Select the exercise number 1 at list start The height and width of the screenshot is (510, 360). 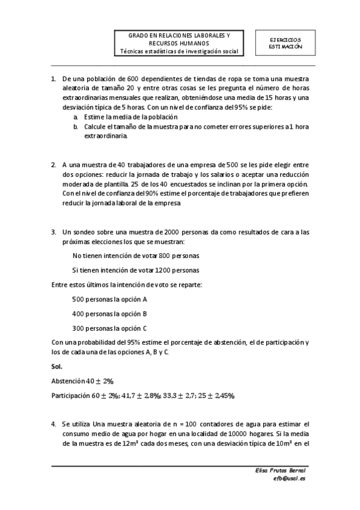coord(53,78)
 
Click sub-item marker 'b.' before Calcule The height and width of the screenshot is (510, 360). coord(76,127)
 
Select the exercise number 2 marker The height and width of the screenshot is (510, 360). coord(53,164)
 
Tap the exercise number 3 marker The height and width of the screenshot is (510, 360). coord(53,232)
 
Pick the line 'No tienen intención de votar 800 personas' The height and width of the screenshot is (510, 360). coord(135,256)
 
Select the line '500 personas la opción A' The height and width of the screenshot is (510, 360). coord(109,299)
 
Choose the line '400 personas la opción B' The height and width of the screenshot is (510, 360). coord(109,313)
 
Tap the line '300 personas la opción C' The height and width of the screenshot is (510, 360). coord(109,328)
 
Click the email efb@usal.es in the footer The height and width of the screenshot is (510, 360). coord(289,479)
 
